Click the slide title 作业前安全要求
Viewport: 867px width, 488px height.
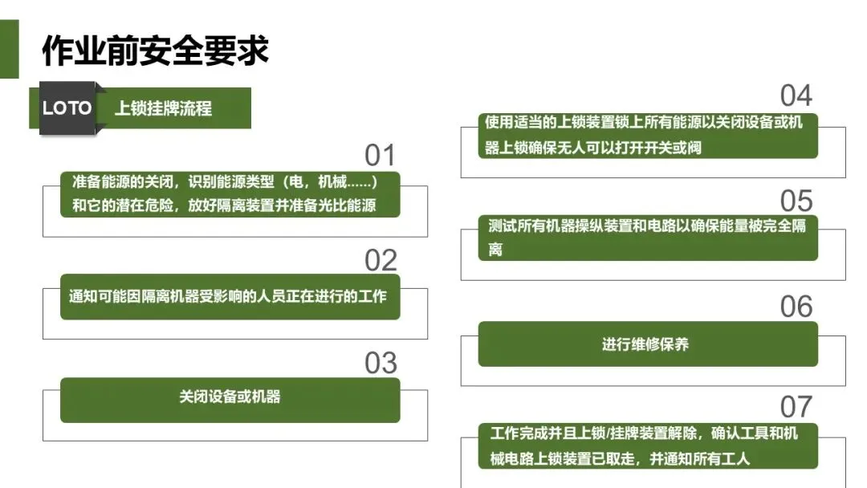pyautogui.click(x=155, y=50)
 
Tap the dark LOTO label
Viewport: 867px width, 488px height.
pyautogui.click(x=67, y=108)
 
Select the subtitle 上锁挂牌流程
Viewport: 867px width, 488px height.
pyautogui.click(x=163, y=108)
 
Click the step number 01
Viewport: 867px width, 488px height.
pyautogui.click(x=381, y=155)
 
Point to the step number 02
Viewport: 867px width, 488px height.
pyautogui.click(x=381, y=260)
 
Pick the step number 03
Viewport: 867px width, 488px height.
pyautogui.click(x=381, y=364)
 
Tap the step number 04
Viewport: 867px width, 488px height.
pyautogui.click(x=796, y=96)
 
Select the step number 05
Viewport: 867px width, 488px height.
pyautogui.click(x=796, y=201)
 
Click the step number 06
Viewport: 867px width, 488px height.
pyautogui.click(x=796, y=307)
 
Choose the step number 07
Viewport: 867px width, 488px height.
pyautogui.click(x=796, y=407)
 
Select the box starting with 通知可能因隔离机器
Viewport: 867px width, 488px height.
pyautogui.click(x=230, y=296)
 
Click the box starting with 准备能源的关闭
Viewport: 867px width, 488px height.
pyautogui.click(x=230, y=193)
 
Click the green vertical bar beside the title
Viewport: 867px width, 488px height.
pyautogui.click(x=9, y=50)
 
